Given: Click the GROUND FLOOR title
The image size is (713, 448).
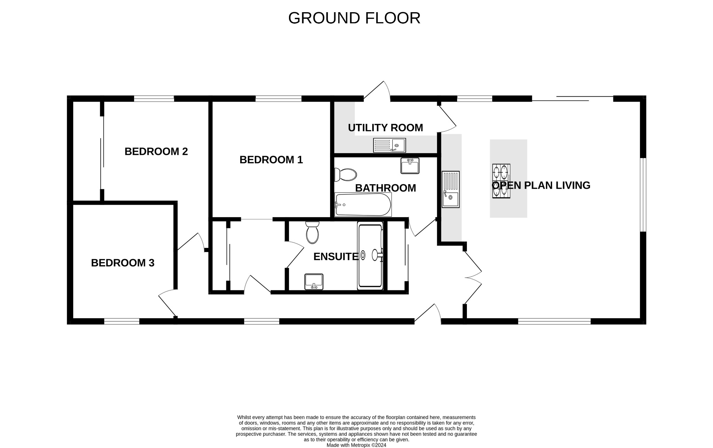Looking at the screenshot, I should coord(354,18).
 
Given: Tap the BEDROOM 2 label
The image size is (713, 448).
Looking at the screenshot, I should coord(156,151).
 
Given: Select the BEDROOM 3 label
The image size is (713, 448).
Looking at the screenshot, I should coord(123,263).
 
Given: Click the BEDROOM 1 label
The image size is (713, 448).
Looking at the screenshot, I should coord(271,160).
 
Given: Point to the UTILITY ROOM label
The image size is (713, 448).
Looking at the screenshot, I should coord(385,128).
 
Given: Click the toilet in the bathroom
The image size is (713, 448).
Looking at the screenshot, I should coord(346,175).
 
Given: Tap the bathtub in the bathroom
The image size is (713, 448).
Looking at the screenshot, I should coord(363,205).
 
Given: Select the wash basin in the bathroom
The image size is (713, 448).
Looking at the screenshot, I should coord(410,166).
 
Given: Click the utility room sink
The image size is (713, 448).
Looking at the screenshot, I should coord(389,145).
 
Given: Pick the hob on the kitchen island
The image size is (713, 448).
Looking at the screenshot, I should coord(501,181).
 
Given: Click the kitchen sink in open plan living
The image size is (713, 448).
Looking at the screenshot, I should coord(450,189).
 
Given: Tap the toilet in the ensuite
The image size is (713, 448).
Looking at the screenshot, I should coord(312,233).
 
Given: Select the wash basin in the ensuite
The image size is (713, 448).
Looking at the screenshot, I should coord(314,282).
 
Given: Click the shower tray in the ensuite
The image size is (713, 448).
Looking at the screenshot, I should coord(370,256).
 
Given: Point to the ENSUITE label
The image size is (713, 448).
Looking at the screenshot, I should coord(336,257).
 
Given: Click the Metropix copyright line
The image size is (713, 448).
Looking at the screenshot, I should coord(356,445).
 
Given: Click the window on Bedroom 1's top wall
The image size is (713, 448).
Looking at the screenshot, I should coord(278,99).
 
